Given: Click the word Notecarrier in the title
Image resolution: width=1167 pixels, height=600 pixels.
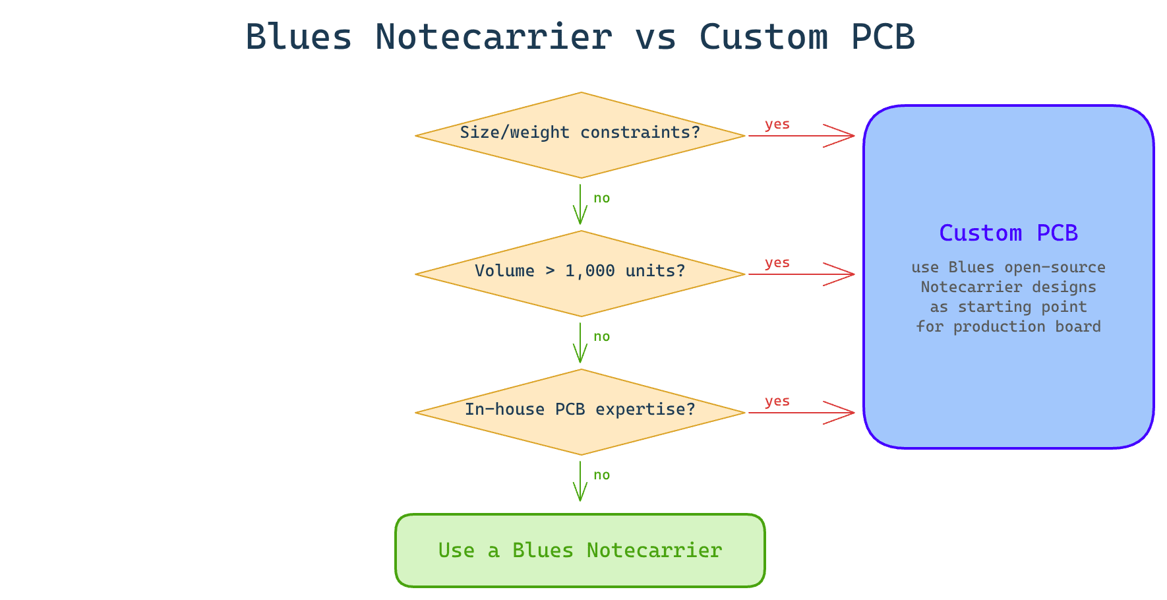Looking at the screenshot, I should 493,37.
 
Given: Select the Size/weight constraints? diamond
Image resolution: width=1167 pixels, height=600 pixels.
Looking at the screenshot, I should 580,135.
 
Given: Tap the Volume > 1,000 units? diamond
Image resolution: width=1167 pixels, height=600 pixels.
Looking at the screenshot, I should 580,274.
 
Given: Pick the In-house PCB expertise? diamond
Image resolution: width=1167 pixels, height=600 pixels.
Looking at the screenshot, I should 580,412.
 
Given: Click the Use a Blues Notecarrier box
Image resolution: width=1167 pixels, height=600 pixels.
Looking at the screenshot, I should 580,551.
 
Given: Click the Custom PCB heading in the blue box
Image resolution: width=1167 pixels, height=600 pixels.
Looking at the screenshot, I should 1008,233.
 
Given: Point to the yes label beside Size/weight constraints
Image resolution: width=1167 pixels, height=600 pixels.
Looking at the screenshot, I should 777,125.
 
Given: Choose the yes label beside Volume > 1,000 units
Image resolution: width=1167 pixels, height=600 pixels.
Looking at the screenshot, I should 777,263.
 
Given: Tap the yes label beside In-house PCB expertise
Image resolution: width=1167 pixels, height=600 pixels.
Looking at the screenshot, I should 777,402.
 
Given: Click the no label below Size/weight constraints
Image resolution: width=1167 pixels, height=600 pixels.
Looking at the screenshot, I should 602,198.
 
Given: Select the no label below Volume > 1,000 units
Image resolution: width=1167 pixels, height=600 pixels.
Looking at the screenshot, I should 602,337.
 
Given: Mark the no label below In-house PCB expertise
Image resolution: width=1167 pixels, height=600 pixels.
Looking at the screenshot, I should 602,475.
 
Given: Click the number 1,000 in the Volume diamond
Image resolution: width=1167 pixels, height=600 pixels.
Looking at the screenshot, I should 589,271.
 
